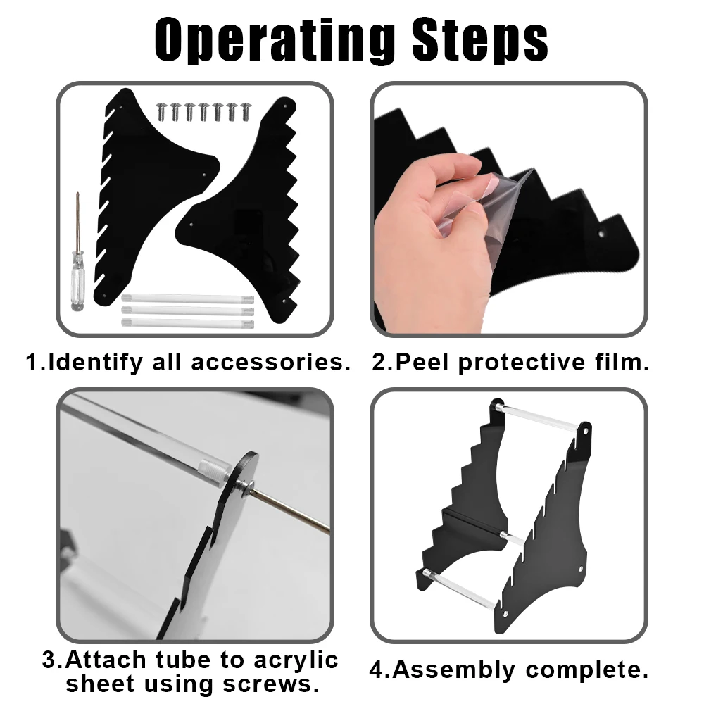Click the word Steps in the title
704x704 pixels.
(479, 39)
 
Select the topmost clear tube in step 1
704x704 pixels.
(188, 298)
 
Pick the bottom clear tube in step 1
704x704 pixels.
(188, 323)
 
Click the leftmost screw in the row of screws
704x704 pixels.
(161, 111)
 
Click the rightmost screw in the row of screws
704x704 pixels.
(246, 112)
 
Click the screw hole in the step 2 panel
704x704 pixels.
(601, 234)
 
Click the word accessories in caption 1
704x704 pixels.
(271, 363)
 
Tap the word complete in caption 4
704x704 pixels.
(587, 671)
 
